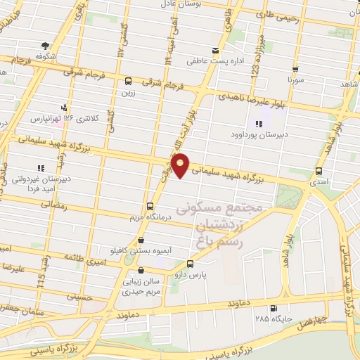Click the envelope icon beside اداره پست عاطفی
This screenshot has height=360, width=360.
[x=215, y=51]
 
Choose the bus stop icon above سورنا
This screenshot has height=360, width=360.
[x=295, y=70]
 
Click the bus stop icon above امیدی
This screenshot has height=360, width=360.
[x=319, y=171]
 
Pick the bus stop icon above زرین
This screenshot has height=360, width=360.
[x=128, y=80]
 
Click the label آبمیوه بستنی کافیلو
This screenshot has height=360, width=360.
[x=134, y=250]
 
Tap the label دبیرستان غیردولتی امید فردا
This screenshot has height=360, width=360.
[x=41, y=185]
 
